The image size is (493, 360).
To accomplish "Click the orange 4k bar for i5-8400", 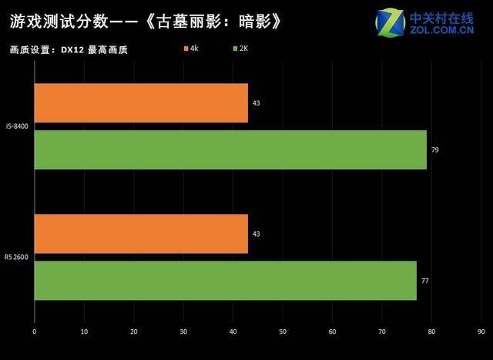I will click(x=141, y=103).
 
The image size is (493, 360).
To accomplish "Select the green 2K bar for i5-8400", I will click(x=230, y=150).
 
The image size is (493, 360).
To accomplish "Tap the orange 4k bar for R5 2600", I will click(x=141, y=234).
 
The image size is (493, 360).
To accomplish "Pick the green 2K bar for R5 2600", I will click(x=225, y=281).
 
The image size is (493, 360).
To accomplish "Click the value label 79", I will click(x=435, y=150).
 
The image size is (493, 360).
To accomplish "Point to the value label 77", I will click(x=424, y=281).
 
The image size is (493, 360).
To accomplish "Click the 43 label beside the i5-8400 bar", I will click(x=256, y=103).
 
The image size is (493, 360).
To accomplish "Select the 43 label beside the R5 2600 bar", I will click(x=256, y=234).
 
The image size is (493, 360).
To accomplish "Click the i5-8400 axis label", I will click(x=17, y=126).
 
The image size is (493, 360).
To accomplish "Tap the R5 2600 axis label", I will click(x=16, y=257).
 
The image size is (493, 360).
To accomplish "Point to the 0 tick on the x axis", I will click(x=35, y=332).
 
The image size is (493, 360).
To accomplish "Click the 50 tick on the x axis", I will click(x=283, y=332).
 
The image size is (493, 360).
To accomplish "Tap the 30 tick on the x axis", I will click(x=183, y=332).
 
